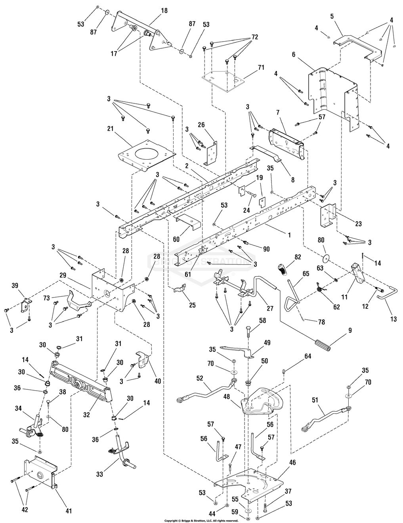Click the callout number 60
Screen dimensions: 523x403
click(176, 239)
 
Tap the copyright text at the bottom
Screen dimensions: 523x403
click(201, 520)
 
